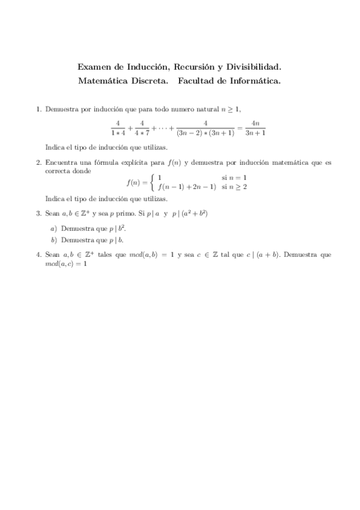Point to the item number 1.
tap(38, 109)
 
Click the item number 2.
tap(38, 162)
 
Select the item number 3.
tap(38, 213)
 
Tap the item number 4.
tap(38, 255)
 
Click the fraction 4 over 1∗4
tap(118, 128)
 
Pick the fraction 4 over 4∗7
tap(142, 128)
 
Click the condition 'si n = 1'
tap(234, 178)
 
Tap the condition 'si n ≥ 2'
tap(234, 187)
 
